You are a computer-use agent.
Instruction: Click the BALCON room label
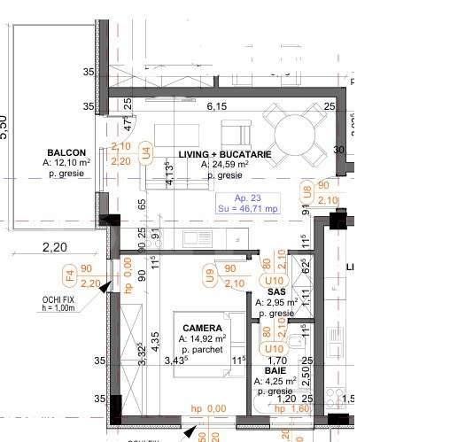coord(66,151)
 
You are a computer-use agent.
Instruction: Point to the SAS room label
coord(276,291)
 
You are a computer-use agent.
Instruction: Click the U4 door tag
coord(148,152)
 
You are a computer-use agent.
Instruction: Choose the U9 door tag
coord(209,276)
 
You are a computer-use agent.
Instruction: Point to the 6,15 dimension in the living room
coord(217,106)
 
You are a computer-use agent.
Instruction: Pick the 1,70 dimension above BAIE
coord(275,361)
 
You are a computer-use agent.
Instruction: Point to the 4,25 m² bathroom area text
coord(274,383)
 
